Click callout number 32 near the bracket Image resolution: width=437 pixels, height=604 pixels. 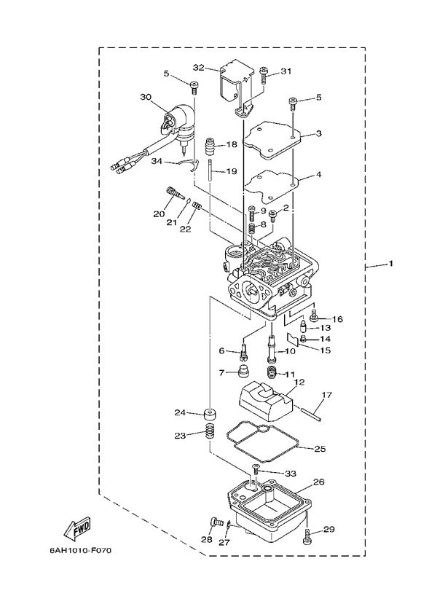click(x=198, y=67)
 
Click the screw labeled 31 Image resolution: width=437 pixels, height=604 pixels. click(x=262, y=72)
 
